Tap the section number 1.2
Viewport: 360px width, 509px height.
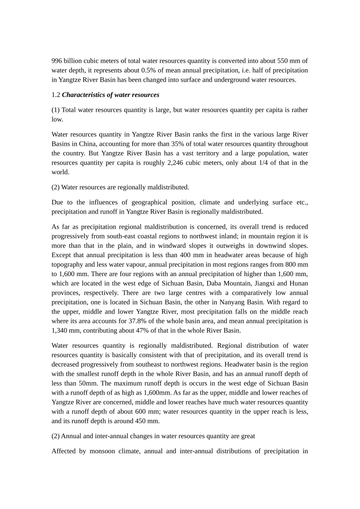pyautogui.click(x=56, y=95)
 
